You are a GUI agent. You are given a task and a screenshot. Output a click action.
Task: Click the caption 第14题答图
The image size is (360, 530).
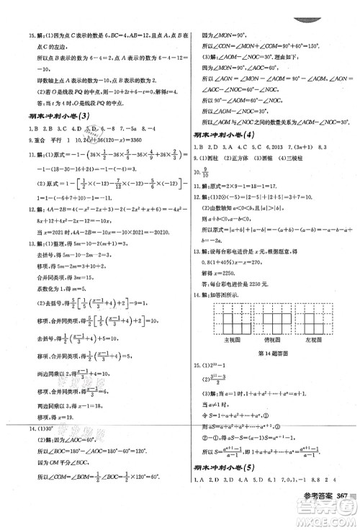click(x=271, y=353)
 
